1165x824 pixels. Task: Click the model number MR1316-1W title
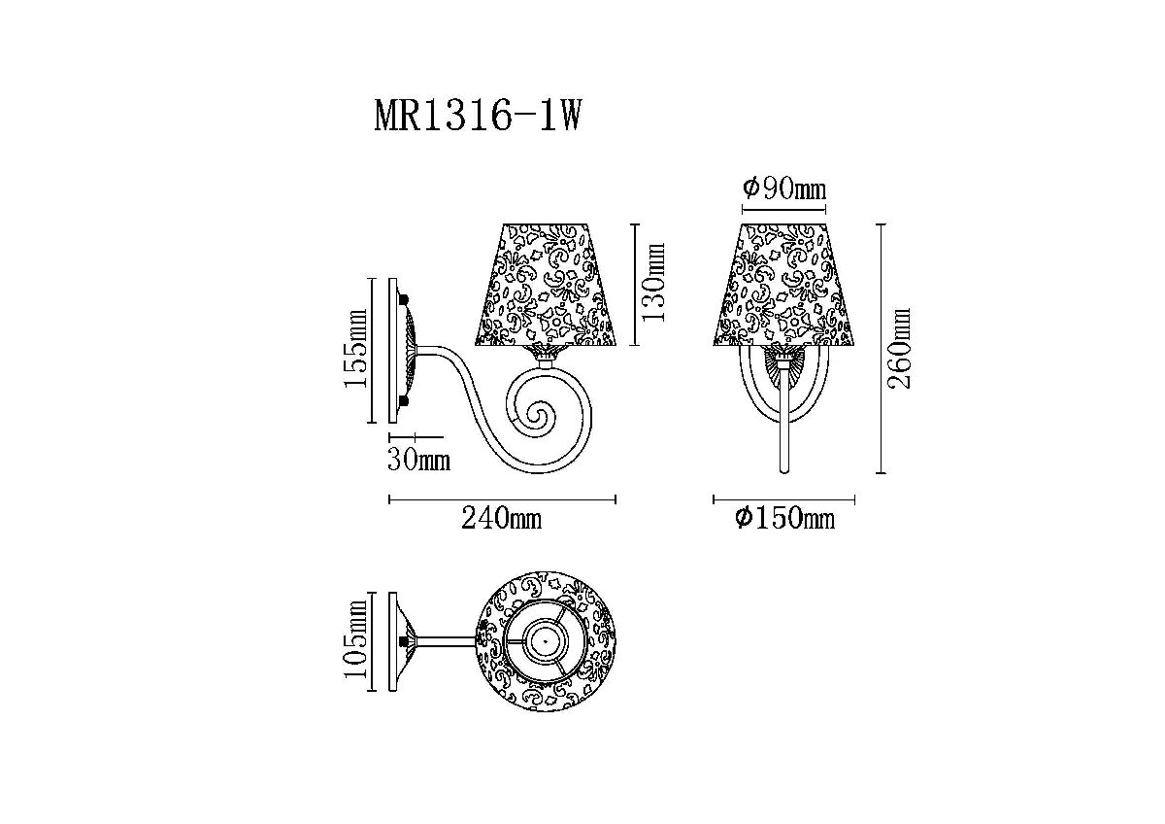tap(477, 116)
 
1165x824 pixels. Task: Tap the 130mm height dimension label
tap(652, 283)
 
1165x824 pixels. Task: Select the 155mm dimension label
tap(355, 348)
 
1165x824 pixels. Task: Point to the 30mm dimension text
tap(419, 460)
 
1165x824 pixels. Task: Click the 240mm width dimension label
tap(501, 519)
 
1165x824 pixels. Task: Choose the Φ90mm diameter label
tap(783, 189)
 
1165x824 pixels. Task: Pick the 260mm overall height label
tap(899, 348)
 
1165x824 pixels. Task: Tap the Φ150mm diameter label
tap(784, 519)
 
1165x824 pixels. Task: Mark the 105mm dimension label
tap(355, 638)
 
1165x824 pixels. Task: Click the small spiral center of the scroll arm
tap(535, 415)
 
